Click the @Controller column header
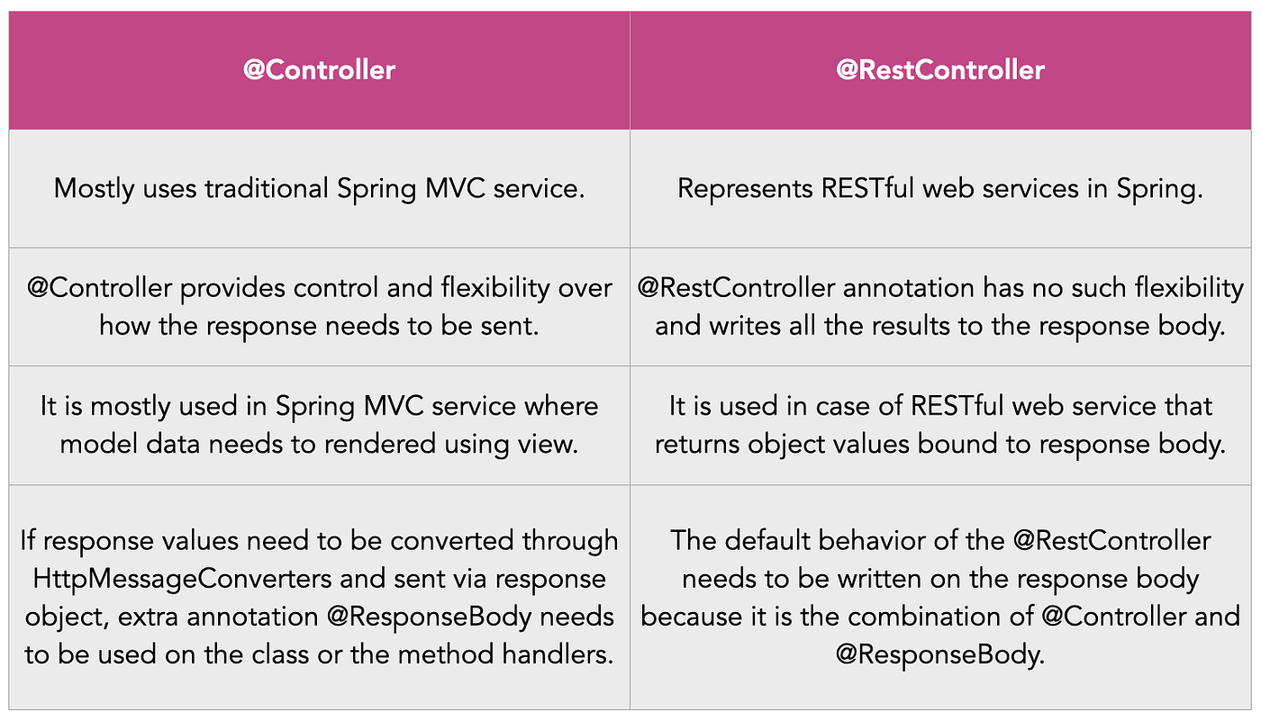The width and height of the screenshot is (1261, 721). (319, 70)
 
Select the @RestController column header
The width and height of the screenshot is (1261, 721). (940, 70)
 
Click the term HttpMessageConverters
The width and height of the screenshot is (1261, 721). (164, 579)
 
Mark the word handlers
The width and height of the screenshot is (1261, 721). (558, 654)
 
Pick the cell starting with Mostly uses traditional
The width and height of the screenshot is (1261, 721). (319, 189)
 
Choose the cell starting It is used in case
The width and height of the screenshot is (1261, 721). (940, 425)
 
